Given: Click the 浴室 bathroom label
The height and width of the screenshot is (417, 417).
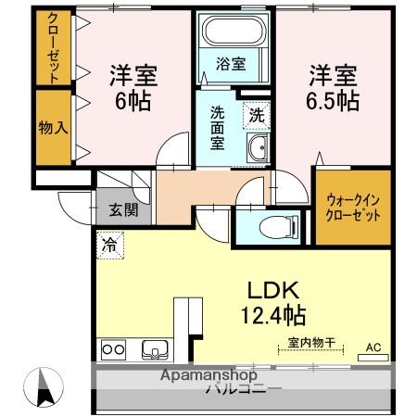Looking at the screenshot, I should pyautogui.click(x=232, y=65).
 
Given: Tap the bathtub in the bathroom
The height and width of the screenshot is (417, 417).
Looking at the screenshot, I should pyautogui.click(x=233, y=34).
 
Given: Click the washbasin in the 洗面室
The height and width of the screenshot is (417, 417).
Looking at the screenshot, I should pyautogui.click(x=258, y=147).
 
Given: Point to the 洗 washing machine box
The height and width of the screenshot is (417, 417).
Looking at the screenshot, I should pyautogui.click(x=257, y=117).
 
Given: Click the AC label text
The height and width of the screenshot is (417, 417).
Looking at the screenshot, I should pyautogui.click(x=373, y=347).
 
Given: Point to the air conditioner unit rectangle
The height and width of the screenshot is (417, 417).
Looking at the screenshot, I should pyautogui.click(x=373, y=357).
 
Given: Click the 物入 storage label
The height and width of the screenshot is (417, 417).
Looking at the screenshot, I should pyautogui.click(x=54, y=126).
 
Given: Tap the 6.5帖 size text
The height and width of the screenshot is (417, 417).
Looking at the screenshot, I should pyautogui.click(x=332, y=99).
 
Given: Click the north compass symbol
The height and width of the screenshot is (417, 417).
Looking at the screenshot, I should pyautogui.click(x=46, y=387).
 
